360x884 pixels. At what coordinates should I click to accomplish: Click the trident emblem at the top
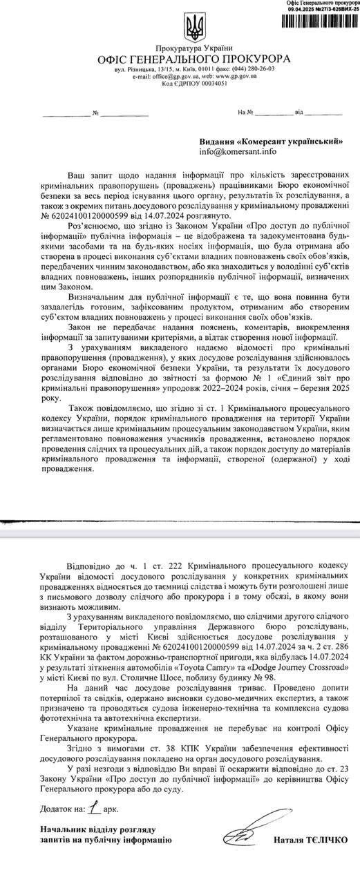click(192, 28)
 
